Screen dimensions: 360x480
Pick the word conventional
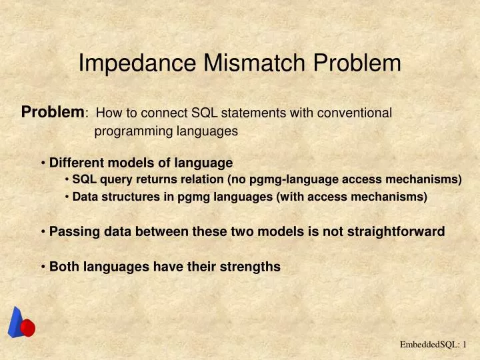356,113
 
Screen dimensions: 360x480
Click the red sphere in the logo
27,328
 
